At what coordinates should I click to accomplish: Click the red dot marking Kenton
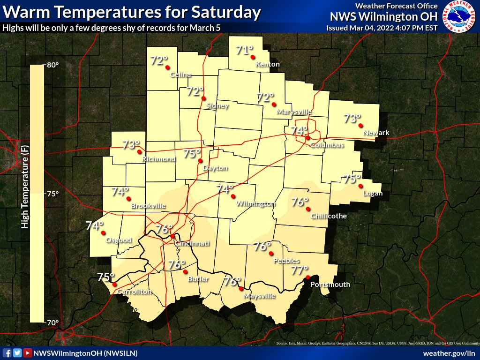[253, 57]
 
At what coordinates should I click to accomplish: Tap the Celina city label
[180, 75]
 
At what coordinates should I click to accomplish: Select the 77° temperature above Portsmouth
[299, 270]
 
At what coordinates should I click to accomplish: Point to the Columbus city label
[327, 145]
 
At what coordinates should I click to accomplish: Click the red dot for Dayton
[201, 160]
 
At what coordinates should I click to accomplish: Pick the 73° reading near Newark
[352, 119]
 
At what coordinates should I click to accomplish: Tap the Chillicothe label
[329, 216]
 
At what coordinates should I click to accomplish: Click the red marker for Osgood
[103, 232]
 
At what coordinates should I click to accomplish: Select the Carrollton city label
[135, 292]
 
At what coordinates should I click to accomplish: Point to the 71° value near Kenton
[244, 50]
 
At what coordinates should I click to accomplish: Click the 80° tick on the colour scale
[52, 65]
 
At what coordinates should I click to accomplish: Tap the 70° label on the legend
[52, 322]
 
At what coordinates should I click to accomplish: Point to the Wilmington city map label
[255, 204]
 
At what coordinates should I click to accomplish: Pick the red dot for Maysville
[241, 289]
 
